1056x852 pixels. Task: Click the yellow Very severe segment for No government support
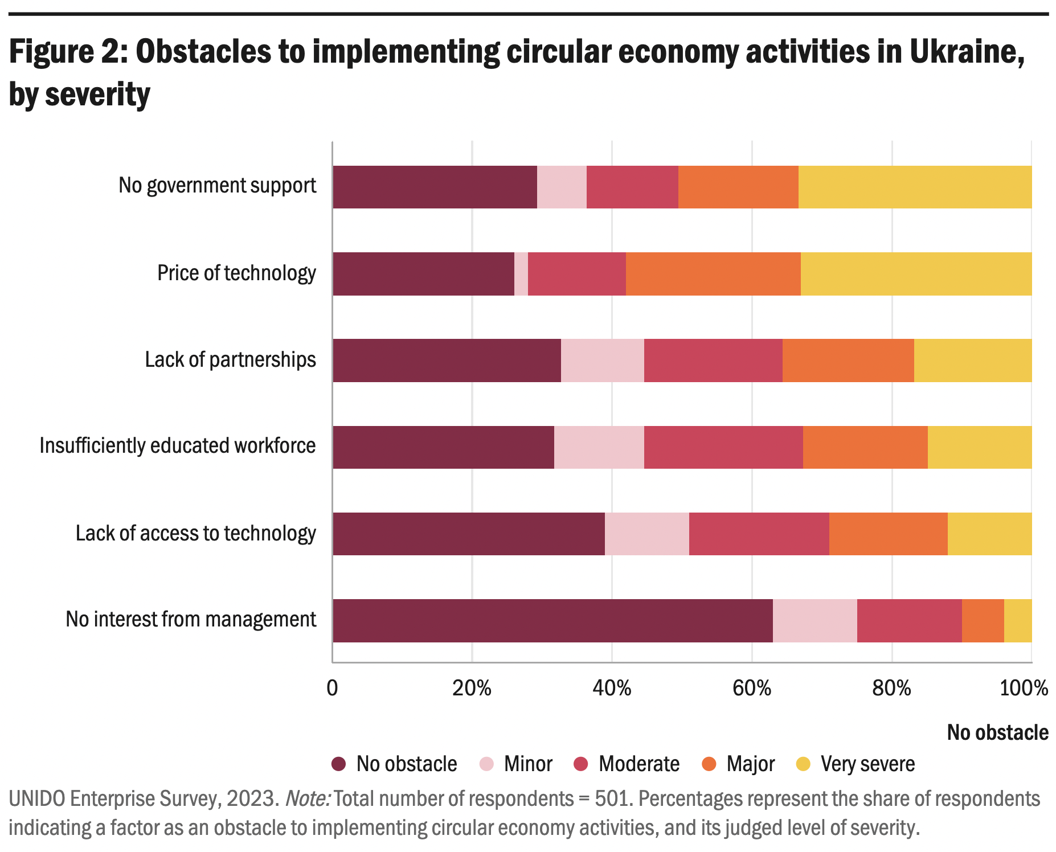(915, 187)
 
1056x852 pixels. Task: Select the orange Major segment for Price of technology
(713, 274)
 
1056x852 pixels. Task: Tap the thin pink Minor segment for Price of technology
(521, 274)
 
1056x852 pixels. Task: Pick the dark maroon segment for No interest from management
(552, 620)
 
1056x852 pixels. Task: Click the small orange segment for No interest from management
(983, 620)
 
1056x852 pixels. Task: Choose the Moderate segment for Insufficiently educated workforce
(723, 447)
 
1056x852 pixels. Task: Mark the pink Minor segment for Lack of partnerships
(602, 361)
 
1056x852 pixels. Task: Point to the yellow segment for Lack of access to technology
(989, 534)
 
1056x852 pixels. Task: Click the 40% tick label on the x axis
(612, 688)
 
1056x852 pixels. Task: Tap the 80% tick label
(892, 688)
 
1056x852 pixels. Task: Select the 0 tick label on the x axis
(332, 688)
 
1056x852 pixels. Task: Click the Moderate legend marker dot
(581, 764)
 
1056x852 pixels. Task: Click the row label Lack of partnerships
(230, 360)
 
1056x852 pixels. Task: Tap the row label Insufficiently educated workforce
(177, 446)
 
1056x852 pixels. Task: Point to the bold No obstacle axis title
(997, 732)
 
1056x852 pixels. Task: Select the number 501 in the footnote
(613, 798)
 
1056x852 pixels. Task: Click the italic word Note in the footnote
(307, 798)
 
